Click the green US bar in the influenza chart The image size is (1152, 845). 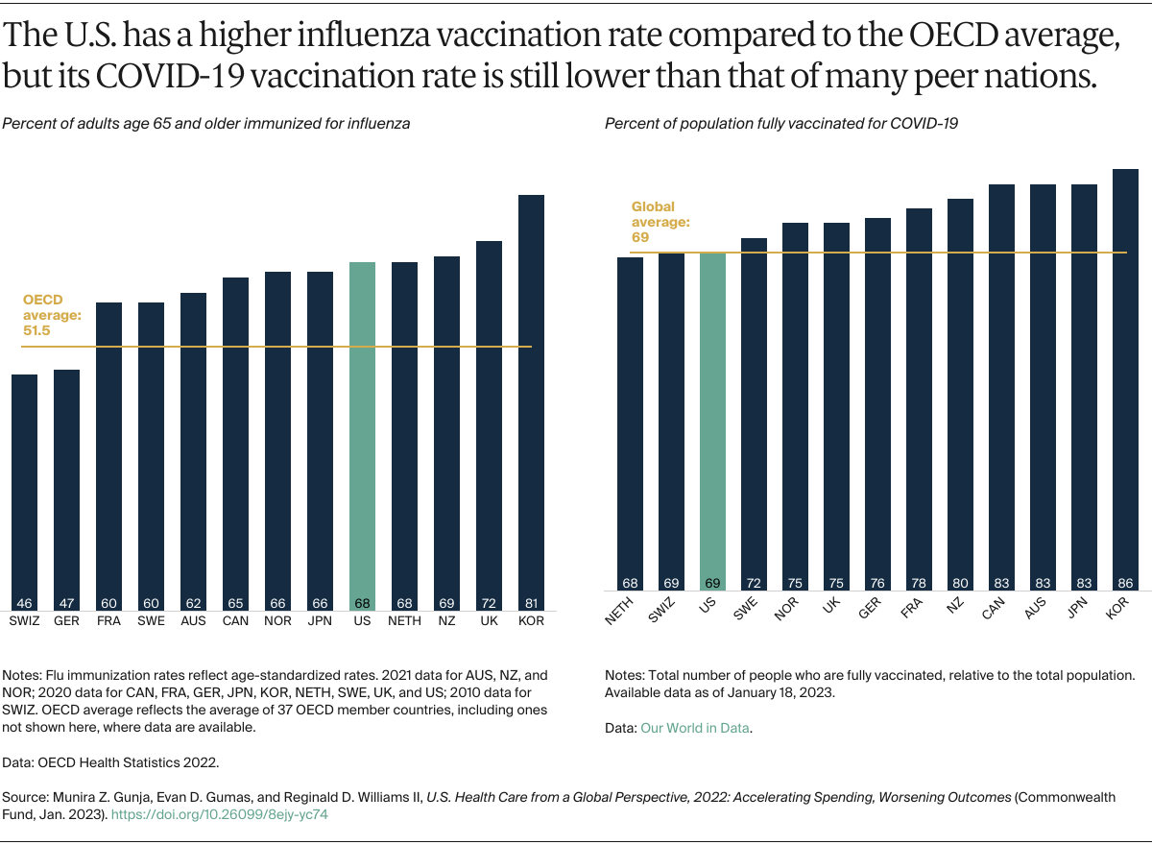click(x=362, y=432)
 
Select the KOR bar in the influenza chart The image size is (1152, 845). click(x=531, y=403)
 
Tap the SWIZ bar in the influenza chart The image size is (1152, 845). click(x=24, y=490)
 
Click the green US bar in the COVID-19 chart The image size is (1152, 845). click(x=712, y=422)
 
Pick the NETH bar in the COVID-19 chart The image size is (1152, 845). click(x=630, y=422)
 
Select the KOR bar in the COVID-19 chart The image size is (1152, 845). click(x=1125, y=384)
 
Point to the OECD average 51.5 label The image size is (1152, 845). click(x=51, y=315)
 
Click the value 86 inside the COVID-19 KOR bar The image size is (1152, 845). click(x=1125, y=582)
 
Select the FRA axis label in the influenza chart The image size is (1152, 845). click(x=108, y=621)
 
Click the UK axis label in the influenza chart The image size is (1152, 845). click(x=489, y=621)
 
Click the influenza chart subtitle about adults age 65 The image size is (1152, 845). click(x=206, y=124)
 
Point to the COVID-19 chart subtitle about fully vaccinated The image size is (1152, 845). click(x=781, y=124)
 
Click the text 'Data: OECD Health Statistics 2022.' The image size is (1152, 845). click(x=111, y=763)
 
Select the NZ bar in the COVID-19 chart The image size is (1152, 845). click(x=960, y=394)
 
